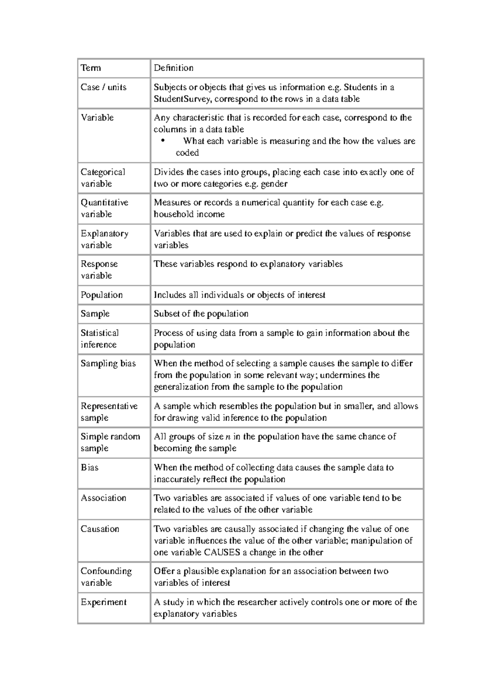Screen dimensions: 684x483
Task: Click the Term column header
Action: (x=91, y=68)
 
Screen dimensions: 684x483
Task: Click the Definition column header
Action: (x=173, y=68)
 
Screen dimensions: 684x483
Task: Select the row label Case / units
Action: (x=103, y=87)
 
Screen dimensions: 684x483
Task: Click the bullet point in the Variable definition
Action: (x=163, y=141)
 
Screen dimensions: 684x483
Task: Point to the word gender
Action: (x=274, y=184)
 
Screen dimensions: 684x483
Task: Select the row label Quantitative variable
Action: (x=104, y=208)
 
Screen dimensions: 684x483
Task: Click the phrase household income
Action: (x=189, y=214)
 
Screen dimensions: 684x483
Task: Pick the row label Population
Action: (x=101, y=295)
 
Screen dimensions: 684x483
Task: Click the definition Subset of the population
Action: (x=201, y=314)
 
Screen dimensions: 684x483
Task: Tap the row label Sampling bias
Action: (x=108, y=363)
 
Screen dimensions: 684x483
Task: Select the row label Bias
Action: (x=89, y=468)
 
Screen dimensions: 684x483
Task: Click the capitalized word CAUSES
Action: (x=222, y=552)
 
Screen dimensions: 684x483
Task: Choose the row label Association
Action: (x=103, y=498)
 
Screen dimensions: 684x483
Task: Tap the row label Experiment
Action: (x=103, y=602)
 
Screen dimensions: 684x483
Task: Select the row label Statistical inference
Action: (x=99, y=339)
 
